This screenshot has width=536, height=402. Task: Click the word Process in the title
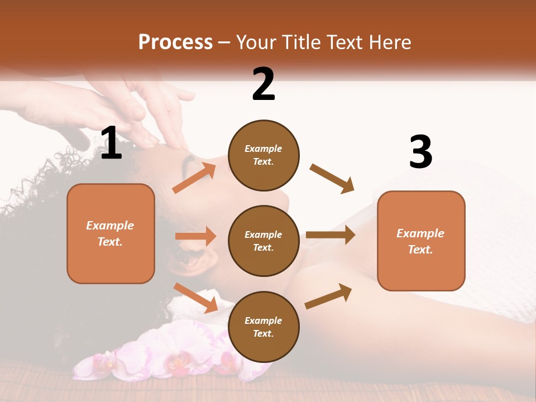[x=175, y=42]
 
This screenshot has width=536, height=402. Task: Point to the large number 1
[x=111, y=143]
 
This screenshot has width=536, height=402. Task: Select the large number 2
[x=264, y=84]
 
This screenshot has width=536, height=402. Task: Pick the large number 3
[x=420, y=152]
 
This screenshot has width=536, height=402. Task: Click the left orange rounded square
[x=111, y=233]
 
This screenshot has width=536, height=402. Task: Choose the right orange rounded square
[x=421, y=241]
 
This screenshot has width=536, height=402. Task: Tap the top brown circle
[x=264, y=155]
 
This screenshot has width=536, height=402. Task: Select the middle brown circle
[x=264, y=241]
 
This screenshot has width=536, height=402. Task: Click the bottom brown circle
[x=264, y=327]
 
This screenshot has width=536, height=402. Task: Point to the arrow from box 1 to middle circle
[x=195, y=236]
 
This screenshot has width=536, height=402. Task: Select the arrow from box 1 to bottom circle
[x=195, y=298]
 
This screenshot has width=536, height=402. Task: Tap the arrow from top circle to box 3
[x=332, y=178]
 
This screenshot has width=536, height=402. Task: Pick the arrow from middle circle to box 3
[x=330, y=235]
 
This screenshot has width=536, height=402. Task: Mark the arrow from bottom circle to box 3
[x=328, y=296]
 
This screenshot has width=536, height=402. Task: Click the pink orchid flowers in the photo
[x=167, y=357]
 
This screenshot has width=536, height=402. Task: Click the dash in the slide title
[x=224, y=42]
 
